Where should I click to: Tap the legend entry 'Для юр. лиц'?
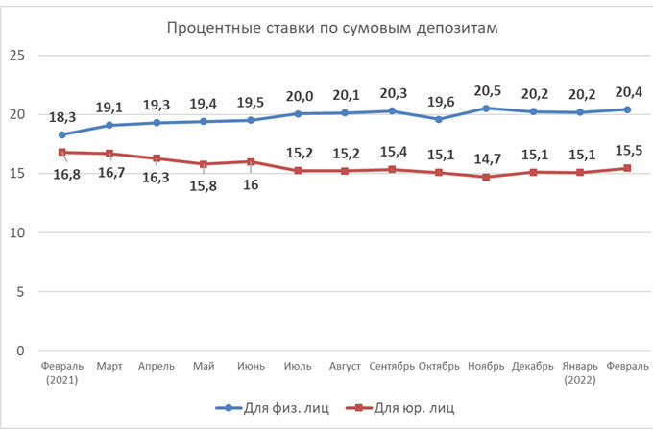[x=409, y=408]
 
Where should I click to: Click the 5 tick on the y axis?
[x=19, y=292]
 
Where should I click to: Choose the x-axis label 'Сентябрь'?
[x=391, y=366]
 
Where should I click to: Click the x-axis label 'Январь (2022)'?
[x=580, y=372]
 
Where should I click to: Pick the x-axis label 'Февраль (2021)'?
[x=63, y=372]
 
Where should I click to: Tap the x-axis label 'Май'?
[x=204, y=366]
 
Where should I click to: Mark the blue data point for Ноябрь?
[x=486, y=109]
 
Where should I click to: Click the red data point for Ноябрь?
[x=486, y=177]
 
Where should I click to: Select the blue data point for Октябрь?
[x=439, y=119]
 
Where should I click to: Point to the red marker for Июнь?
[x=251, y=161]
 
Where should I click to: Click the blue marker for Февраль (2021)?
[x=63, y=134]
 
